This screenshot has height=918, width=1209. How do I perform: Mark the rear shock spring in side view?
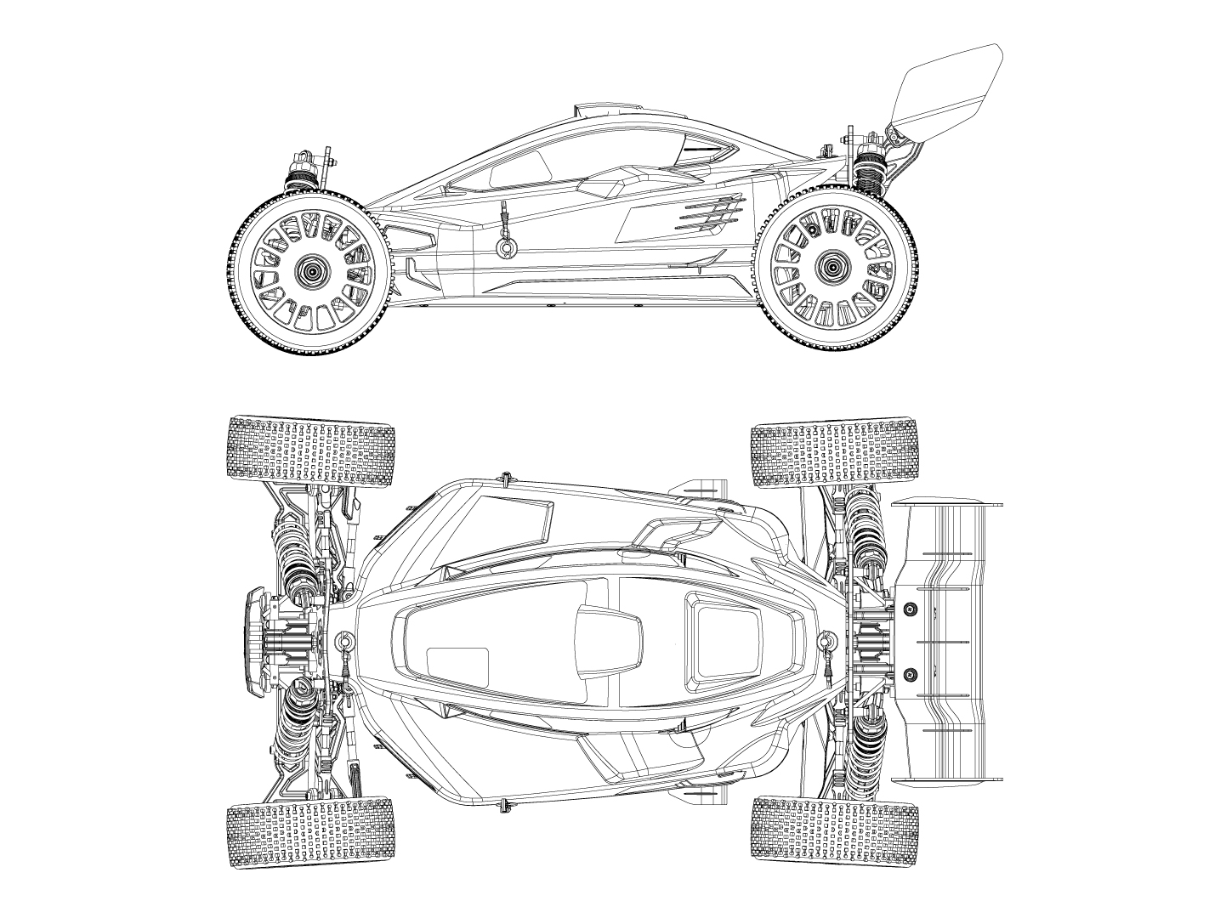[867, 175]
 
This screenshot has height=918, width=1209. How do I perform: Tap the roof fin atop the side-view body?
[607, 108]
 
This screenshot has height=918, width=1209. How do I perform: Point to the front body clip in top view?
[345, 639]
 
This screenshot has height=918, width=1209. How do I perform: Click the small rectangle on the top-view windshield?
[457, 667]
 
